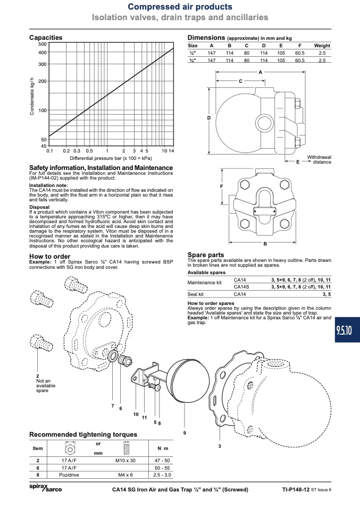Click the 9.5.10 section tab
point(347,330)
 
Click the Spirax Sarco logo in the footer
point(46,488)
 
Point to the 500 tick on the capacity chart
point(43,44)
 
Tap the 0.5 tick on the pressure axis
point(89,151)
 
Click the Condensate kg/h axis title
point(32,96)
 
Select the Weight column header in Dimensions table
point(322,46)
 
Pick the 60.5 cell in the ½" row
point(299,53)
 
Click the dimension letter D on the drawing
point(209,118)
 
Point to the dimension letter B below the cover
point(265,243)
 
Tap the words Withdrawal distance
point(319,159)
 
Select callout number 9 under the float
point(185,432)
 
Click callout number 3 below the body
point(220,446)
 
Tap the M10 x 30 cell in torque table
point(125,460)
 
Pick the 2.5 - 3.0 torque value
point(162,474)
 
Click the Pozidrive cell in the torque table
point(69,474)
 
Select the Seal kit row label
point(196,294)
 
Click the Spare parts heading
point(206,255)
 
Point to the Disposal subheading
point(39,207)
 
